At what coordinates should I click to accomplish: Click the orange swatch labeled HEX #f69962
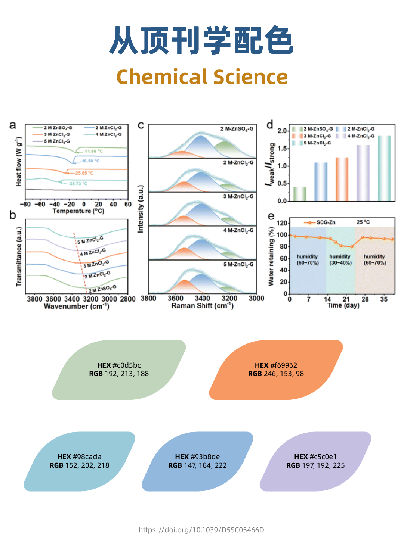point(276,370)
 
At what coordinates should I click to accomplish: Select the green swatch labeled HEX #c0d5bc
point(119,370)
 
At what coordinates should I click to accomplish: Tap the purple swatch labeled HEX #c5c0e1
point(315,461)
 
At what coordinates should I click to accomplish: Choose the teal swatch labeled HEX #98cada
point(79,461)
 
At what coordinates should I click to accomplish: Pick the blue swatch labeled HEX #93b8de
point(197,461)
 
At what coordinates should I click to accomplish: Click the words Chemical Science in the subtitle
point(202,77)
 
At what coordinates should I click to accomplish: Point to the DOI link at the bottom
point(201,530)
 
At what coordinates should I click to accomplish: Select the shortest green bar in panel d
point(299,194)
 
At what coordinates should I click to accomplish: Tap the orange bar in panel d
point(342,179)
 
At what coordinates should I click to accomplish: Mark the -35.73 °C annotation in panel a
point(78,184)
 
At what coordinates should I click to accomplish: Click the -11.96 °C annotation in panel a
point(93,151)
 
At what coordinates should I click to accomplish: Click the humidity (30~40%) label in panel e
point(340,260)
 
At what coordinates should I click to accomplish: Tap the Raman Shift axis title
point(202,306)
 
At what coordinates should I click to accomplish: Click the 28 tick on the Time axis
point(365,299)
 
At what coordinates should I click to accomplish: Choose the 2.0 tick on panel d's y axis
point(282,131)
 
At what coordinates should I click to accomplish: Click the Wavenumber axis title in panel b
point(76,306)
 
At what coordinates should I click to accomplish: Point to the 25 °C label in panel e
point(363,222)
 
